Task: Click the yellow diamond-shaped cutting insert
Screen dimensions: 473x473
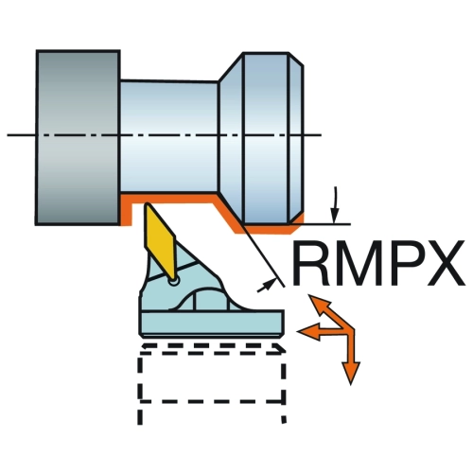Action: [x=159, y=241]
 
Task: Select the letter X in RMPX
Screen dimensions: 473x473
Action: [x=444, y=263]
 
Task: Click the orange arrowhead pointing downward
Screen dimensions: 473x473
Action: [x=351, y=373]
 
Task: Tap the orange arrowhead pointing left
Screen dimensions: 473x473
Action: [x=308, y=331]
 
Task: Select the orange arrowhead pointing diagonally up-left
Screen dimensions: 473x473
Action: [x=318, y=304]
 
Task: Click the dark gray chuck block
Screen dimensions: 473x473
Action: [x=78, y=137]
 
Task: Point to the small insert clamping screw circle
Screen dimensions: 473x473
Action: [x=173, y=281]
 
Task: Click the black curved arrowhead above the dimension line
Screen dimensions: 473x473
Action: [x=335, y=217]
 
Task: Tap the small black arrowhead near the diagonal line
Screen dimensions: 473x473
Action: [x=268, y=285]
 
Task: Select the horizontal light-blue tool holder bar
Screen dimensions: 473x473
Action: [x=212, y=324]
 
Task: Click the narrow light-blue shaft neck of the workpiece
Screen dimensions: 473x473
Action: [x=169, y=136]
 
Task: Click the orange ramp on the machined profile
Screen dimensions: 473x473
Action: [x=228, y=215]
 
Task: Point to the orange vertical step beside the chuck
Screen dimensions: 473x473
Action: [x=126, y=210]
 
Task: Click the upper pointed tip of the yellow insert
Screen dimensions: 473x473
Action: [x=147, y=204]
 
